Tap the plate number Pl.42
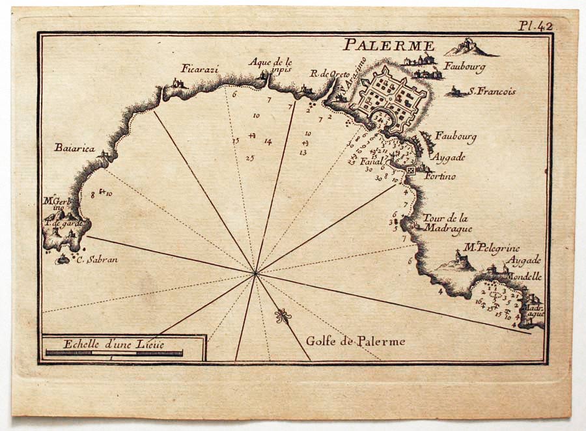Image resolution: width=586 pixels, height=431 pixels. pyautogui.click(x=535, y=26)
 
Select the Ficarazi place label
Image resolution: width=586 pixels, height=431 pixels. pyautogui.click(x=198, y=68)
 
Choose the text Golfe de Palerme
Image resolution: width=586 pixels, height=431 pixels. pyautogui.click(x=356, y=341)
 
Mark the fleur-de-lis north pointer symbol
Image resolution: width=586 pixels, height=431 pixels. pyautogui.click(x=282, y=316)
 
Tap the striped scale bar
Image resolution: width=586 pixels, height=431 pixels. pyautogui.click(x=114, y=353)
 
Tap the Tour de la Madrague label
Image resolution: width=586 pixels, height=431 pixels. pyautogui.click(x=445, y=223)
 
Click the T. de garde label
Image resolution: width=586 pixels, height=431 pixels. pyautogui.click(x=64, y=223)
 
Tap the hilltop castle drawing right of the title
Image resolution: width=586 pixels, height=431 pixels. pyautogui.click(x=469, y=47)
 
